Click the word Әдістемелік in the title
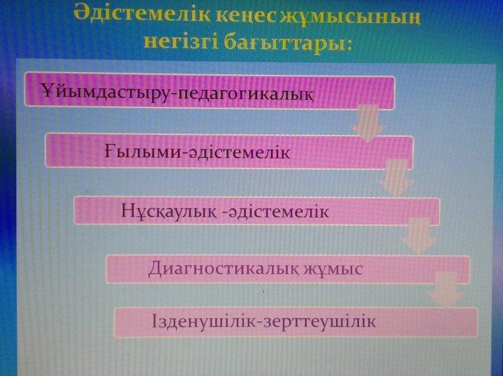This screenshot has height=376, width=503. [x=141, y=13]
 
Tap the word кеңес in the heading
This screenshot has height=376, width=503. [x=247, y=15]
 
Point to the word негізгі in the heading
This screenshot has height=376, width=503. [x=182, y=41]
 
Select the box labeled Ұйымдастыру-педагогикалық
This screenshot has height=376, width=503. [x=210, y=91]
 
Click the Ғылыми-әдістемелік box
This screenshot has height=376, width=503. [x=229, y=151]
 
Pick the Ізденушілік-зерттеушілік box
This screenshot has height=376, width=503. [x=296, y=321]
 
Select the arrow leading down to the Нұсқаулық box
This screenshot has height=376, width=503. [x=397, y=178]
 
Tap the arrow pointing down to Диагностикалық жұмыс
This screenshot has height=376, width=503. [x=419, y=236]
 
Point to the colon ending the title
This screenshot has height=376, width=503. [x=349, y=45]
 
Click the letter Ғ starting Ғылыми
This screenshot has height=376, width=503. [x=109, y=151]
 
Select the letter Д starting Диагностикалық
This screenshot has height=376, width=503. [x=154, y=269]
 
